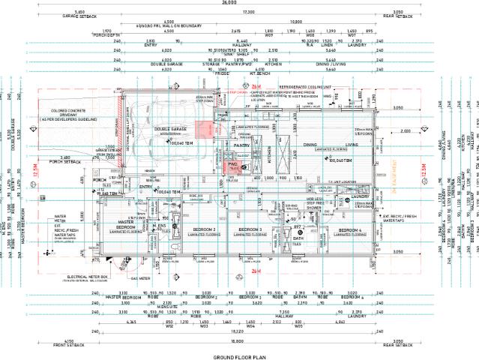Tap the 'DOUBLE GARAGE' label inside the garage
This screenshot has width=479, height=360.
pyautogui.click(x=170, y=129)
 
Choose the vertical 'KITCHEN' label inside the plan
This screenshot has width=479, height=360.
pyautogui.click(x=271, y=151)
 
